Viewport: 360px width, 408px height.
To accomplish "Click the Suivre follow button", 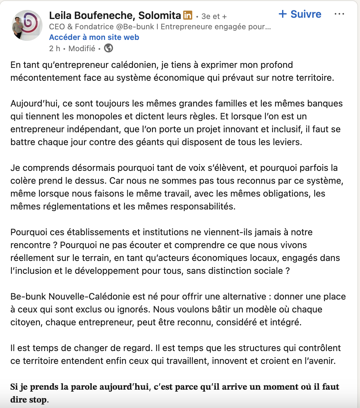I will (x=300, y=14).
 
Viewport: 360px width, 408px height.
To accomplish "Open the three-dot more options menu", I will (x=339, y=14).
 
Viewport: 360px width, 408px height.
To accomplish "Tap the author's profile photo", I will (x=27, y=25).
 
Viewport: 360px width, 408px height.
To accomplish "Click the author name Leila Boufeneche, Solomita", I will (x=115, y=15).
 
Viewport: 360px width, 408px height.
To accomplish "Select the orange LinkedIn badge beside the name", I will (x=188, y=15).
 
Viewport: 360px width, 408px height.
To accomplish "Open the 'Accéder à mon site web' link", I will (x=94, y=37).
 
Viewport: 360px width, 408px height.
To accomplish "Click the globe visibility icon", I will (x=109, y=48).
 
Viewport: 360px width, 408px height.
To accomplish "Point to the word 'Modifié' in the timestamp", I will (x=82, y=49).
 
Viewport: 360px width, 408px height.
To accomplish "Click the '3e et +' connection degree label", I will (x=214, y=16).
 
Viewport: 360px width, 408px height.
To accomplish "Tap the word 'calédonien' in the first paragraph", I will (x=134, y=65).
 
